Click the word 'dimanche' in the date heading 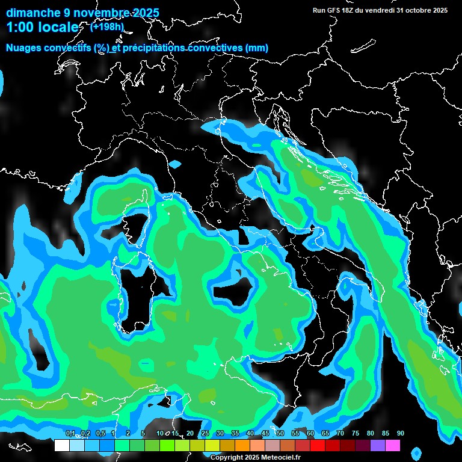[x=33, y=13]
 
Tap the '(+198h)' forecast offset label [x=106, y=26]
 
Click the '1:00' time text [x=20, y=28]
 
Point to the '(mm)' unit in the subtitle [x=257, y=48]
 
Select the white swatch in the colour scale [x=61, y=446]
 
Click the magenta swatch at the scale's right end [x=393, y=446]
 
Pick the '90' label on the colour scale [x=400, y=433]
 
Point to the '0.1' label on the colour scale [x=70, y=433]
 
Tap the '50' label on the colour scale [x=280, y=433]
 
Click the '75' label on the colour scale [x=355, y=433]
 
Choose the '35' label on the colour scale [x=235, y=433]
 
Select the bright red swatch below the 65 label [x=318, y=446]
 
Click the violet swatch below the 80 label [x=378, y=446]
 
